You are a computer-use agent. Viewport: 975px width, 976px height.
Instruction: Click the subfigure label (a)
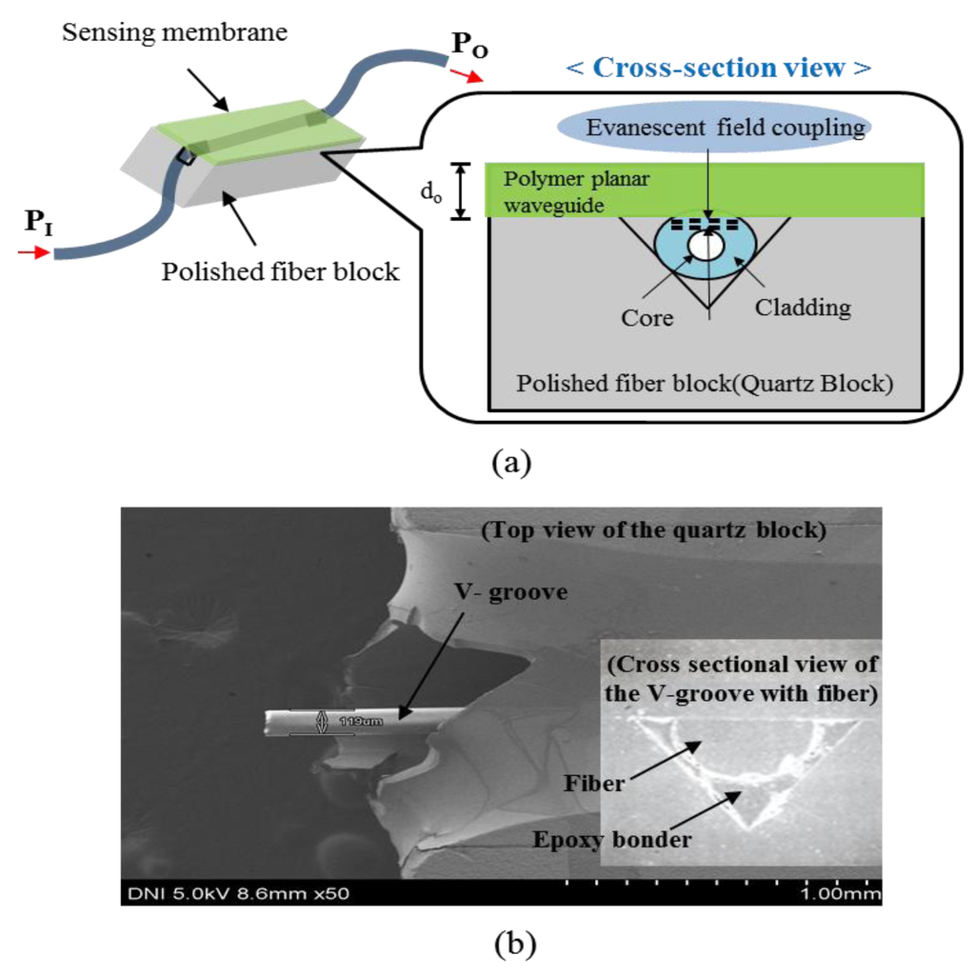(506, 464)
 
